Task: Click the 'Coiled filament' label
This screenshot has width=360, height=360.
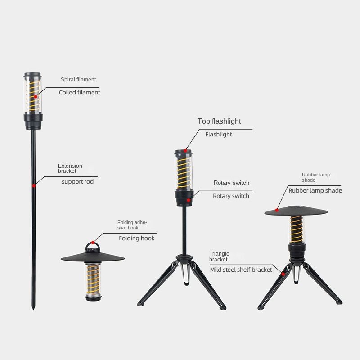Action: pyautogui.click(x=80, y=93)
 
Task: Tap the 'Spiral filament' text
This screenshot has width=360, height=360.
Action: pyautogui.click(x=78, y=80)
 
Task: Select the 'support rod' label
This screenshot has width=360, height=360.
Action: pyautogui.click(x=77, y=182)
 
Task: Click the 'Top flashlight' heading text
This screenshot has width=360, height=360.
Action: pyautogui.click(x=219, y=121)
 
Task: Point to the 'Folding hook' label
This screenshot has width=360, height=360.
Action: pyautogui.click(x=137, y=238)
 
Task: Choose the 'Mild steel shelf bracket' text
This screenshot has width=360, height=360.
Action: pyautogui.click(x=241, y=270)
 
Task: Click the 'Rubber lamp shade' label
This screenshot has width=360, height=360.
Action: pyautogui.click(x=315, y=190)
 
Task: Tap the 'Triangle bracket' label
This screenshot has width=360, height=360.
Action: pyautogui.click(x=219, y=256)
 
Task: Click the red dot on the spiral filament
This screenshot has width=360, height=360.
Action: pyautogui.click(x=36, y=97)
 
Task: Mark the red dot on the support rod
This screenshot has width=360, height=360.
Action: pyautogui.click(x=34, y=185)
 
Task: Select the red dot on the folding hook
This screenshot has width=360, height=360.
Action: pyautogui.click(x=93, y=243)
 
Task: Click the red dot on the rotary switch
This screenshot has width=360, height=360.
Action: pyautogui.click(x=189, y=200)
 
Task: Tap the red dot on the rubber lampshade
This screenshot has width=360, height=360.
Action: pyautogui.click(x=277, y=210)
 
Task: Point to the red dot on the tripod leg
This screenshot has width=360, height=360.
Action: pyautogui.click(x=283, y=274)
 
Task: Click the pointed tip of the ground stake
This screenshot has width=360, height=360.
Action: pyautogui.click(x=33, y=309)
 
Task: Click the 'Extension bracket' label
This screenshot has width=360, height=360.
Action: pyautogui.click(x=70, y=168)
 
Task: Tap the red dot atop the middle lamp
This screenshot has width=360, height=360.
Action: pyautogui.click(x=185, y=151)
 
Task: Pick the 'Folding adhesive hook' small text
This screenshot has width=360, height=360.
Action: pyautogui.click(x=132, y=225)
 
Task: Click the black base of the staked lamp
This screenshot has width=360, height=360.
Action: pyautogui.click(x=33, y=121)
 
